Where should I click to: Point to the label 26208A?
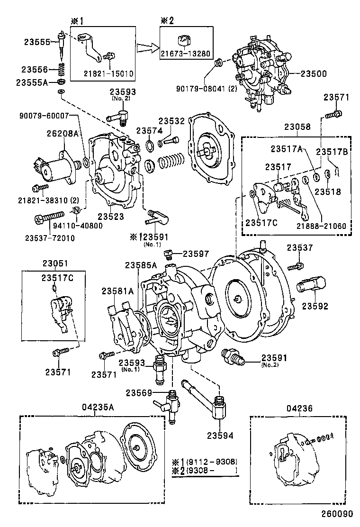point(62,133)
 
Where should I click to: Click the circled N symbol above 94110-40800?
point(75,211)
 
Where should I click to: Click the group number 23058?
point(297,127)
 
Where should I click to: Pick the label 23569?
point(139,392)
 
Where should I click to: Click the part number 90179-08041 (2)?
point(203,88)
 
